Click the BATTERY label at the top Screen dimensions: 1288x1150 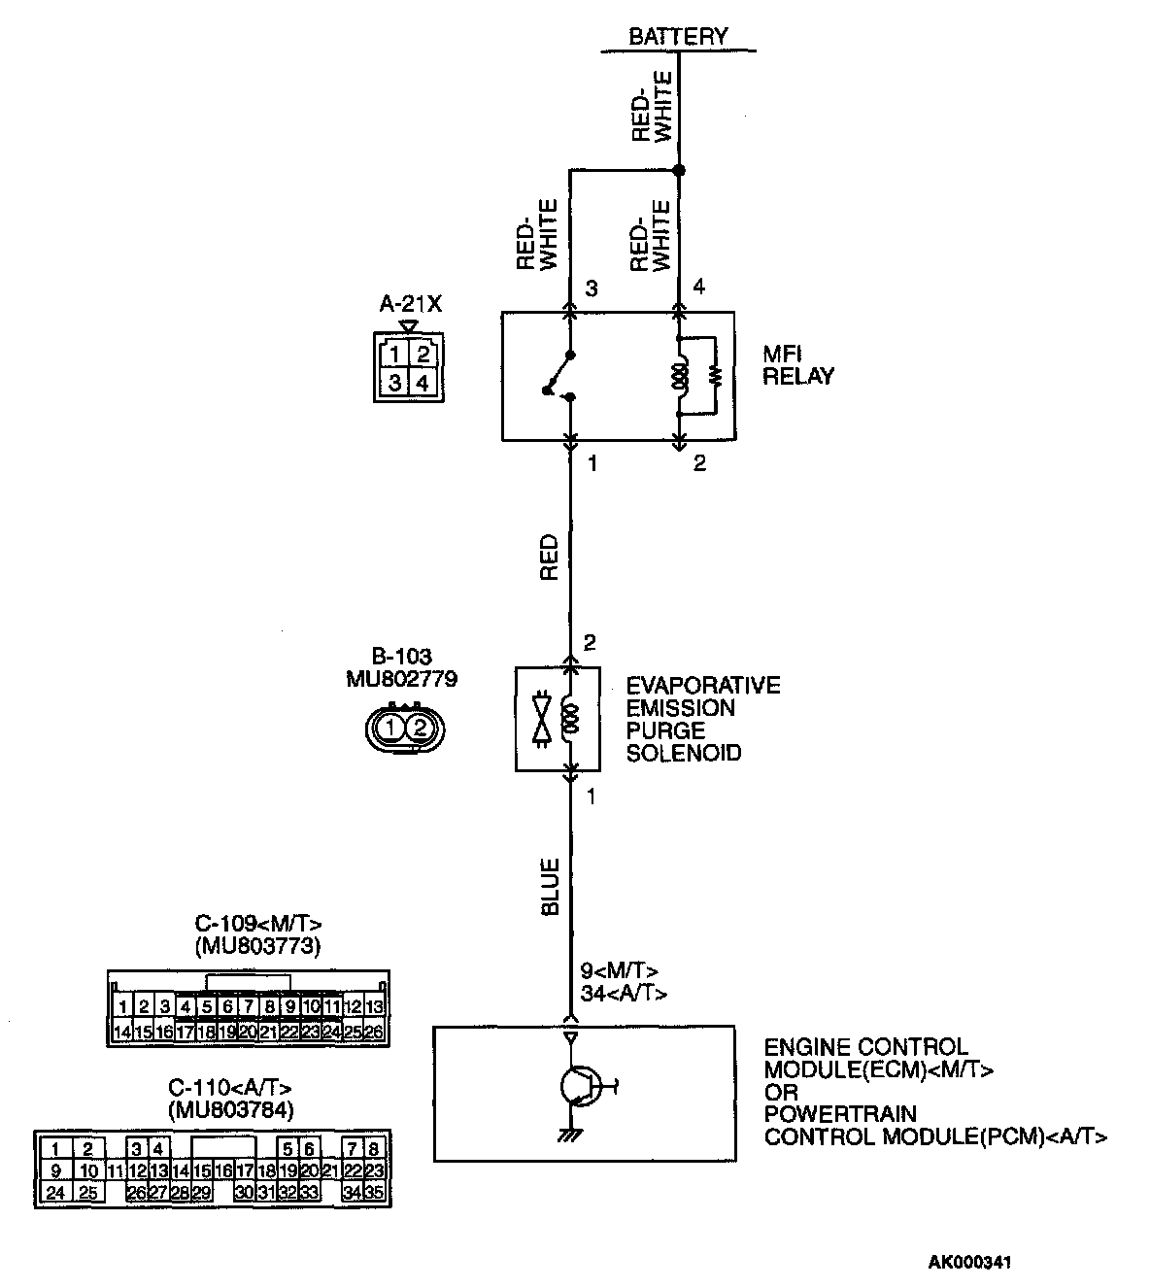[677, 37]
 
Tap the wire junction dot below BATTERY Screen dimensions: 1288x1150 [679, 171]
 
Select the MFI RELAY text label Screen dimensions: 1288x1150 [797, 365]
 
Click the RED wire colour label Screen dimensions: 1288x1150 [550, 557]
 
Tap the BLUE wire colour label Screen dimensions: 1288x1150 [550, 886]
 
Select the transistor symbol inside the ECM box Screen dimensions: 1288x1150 [581, 1085]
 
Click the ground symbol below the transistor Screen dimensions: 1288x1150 [571, 1135]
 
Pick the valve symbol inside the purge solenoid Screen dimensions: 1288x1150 [542, 719]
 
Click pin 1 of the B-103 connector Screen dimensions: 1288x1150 [389, 727]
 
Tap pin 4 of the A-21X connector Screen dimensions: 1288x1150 [423, 383]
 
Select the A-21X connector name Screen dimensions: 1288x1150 [410, 304]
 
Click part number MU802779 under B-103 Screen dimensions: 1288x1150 [401, 679]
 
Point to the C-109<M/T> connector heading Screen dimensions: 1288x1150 [257, 923]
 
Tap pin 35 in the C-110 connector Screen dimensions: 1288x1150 [375, 1192]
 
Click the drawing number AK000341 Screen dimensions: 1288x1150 [970, 1263]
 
